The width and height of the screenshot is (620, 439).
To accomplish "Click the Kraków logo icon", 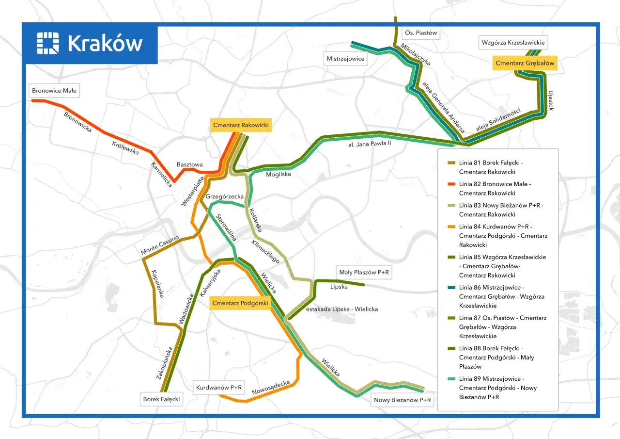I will [x=47, y=43].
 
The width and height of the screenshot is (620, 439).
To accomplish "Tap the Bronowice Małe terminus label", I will [x=54, y=91].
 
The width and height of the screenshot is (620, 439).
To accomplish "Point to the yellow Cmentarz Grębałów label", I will [x=525, y=63].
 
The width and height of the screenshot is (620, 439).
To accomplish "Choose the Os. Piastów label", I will [x=421, y=33].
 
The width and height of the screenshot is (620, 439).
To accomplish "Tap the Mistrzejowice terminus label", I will [x=346, y=59].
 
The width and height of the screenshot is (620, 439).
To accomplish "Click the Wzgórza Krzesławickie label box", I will [x=513, y=43].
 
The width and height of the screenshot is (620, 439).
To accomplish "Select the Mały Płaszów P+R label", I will [x=364, y=273].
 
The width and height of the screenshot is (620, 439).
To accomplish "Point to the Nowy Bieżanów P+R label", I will [x=402, y=400].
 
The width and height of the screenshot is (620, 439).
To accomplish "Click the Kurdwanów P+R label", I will [x=218, y=388].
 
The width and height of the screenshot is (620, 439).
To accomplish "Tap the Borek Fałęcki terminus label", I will [x=161, y=399].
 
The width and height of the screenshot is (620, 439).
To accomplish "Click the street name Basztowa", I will [x=190, y=165].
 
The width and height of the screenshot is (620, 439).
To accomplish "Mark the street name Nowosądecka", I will [x=270, y=387].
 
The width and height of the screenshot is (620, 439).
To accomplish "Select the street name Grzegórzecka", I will [x=224, y=196].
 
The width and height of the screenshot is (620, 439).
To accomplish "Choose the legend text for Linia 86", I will [x=501, y=296].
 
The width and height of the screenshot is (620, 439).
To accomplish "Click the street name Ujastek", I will [x=550, y=99].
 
